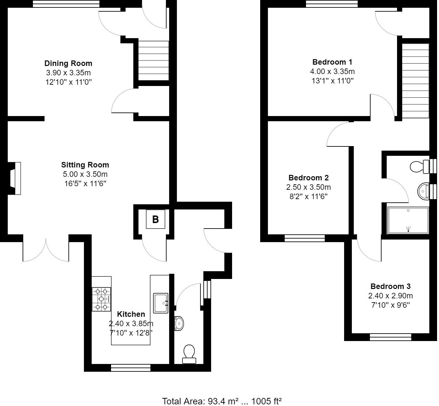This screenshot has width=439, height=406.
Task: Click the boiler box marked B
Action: (x=155, y=219)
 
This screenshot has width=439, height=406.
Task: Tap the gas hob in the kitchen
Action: (x=101, y=299)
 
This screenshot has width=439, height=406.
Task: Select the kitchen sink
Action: (x=160, y=303)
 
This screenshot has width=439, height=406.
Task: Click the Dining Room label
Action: (x=68, y=63)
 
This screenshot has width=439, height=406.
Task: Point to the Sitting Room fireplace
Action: (x=15, y=178)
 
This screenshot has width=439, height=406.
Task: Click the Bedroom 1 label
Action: (x=332, y=62)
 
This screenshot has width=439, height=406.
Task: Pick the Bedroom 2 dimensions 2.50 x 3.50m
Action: (x=308, y=187)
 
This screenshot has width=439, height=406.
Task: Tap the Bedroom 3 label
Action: (x=390, y=286)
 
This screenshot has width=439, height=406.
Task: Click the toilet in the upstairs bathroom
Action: (x=419, y=167)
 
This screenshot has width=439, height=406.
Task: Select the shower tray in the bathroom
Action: (x=408, y=220)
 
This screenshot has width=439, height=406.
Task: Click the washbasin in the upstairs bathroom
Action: (x=423, y=191)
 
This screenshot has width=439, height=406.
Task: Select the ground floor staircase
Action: (x=153, y=61)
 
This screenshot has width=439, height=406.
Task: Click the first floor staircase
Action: (x=415, y=81)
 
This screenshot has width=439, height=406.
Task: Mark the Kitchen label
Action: (x=131, y=314)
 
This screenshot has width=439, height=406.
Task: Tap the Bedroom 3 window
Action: (x=390, y=337)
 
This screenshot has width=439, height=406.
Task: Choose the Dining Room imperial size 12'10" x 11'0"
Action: (x=68, y=82)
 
